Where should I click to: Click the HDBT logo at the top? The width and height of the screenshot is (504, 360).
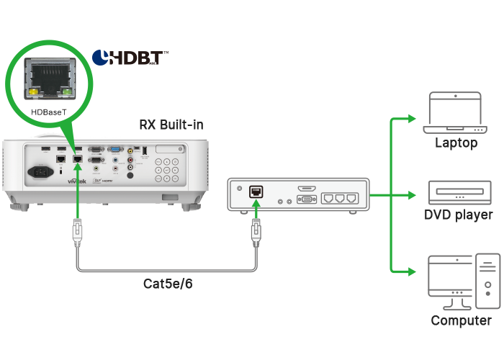[x=130, y=58]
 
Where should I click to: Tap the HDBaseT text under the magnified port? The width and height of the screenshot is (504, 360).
[x=50, y=112]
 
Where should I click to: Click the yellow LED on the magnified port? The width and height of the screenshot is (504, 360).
[x=33, y=92]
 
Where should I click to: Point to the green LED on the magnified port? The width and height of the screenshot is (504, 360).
[x=67, y=92]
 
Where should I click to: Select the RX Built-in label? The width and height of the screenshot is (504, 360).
[x=171, y=125]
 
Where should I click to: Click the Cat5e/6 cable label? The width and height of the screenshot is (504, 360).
[x=168, y=284]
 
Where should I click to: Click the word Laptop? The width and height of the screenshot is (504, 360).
[x=456, y=143]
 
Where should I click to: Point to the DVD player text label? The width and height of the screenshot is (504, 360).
[x=459, y=215]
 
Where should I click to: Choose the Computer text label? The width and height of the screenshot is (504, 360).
[x=461, y=320]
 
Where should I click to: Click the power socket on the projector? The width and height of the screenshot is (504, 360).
[x=41, y=173]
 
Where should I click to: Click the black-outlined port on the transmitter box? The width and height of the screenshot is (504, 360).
[x=256, y=192]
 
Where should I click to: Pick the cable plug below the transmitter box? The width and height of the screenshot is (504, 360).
[x=255, y=233]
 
